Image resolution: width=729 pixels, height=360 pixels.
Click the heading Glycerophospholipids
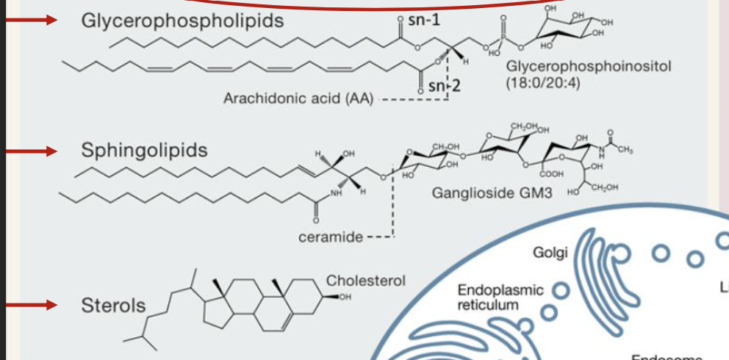[182, 21]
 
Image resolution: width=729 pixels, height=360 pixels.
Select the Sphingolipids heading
[144, 151]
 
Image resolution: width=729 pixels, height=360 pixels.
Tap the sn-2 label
[444, 86]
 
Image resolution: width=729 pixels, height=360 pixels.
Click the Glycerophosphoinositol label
[589, 67]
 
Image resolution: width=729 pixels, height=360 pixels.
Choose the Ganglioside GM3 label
[492, 194]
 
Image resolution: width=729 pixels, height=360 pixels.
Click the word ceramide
[330, 237]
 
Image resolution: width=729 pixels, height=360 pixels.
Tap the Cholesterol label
[365, 281]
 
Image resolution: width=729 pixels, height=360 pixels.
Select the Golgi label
[551, 253]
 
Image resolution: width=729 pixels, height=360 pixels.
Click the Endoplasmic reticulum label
[500, 297]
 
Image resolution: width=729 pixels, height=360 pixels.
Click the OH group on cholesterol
[345, 297]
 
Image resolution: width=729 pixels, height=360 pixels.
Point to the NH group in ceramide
[337, 194]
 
